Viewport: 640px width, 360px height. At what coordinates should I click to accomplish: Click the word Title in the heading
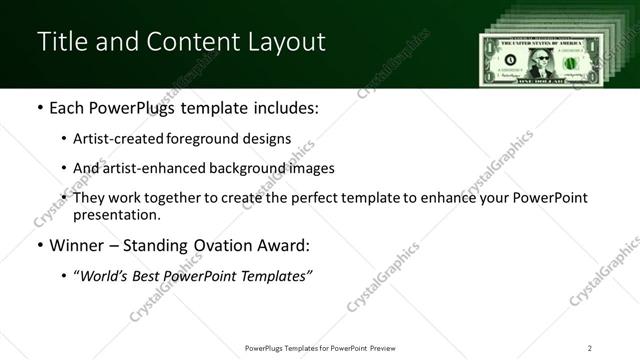[61, 42]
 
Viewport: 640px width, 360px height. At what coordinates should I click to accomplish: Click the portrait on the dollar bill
[540, 62]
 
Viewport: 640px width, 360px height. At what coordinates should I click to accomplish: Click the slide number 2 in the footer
[590, 347]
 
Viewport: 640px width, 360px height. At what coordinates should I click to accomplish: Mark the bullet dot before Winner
[39, 246]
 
